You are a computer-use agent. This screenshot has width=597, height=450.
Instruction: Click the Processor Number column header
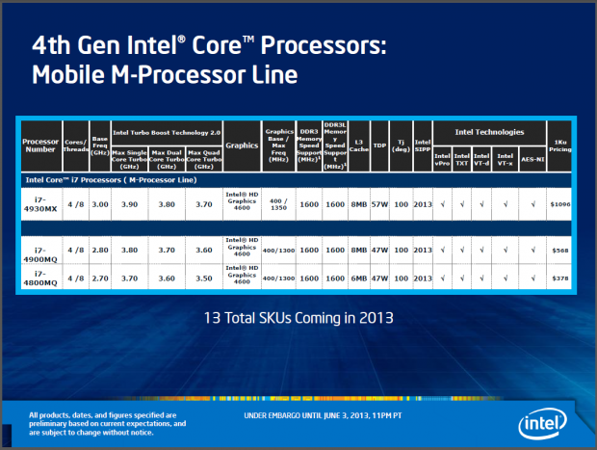[x=40, y=145]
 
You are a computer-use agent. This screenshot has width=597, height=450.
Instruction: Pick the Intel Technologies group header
[x=490, y=131]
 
